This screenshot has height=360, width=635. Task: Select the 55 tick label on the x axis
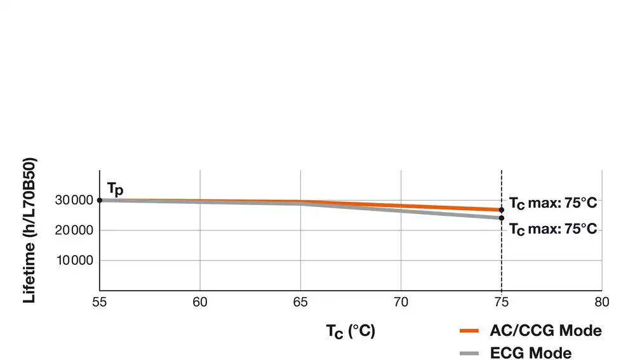pyautogui.click(x=100, y=302)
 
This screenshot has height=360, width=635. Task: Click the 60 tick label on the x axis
pyautogui.click(x=200, y=302)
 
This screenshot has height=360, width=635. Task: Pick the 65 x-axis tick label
pyautogui.click(x=300, y=302)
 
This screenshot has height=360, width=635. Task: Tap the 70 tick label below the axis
pyautogui.click(x=401, y=302)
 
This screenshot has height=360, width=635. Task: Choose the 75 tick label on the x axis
pyautogui.click(x=502, y=302)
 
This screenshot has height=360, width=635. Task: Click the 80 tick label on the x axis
pyautogui.click(x=602, y=302)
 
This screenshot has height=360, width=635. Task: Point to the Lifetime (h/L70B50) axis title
pyautogui.click(x=29, y=230)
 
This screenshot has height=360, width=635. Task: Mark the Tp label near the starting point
pyautogui.click(x=115, y=189)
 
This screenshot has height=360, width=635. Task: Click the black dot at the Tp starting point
pyautogui.click(x=100, y=200)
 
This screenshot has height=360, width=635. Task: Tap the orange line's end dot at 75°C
pyautogui.click(x=502, y=210)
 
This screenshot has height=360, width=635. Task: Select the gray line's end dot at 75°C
pyautogui.click(x=502, y=218)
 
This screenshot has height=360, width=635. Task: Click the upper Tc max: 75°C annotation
pyautogui.click(x=553, y=204)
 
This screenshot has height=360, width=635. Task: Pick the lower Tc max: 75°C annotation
pyautogui.click(x=553, y=229)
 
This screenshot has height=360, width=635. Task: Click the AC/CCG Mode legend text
pyautogui.click(x=545, y=331)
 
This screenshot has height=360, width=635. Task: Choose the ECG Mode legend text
pyautogui.click(x=531, y=353)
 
